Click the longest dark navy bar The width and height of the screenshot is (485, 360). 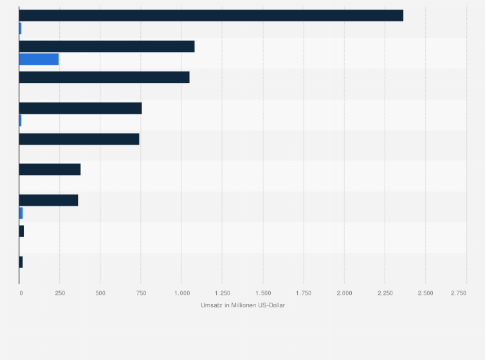point(211,15)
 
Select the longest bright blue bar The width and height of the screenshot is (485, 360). point(39,59)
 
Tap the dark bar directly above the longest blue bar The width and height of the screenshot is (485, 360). point(107,46)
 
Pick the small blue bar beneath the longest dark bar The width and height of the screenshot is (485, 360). point(21,28)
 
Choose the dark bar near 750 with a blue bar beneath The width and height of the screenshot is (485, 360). point(80,108)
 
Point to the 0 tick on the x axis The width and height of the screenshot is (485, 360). point(21,293)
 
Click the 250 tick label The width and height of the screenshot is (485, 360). point(60,293)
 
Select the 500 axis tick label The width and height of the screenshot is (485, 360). point(100,293)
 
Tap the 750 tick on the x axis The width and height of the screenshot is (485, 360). point(141,293)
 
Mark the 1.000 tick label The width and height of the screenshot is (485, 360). point(181,293)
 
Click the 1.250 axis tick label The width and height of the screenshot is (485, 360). point(222,293)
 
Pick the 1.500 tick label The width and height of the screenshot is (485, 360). point(262,293)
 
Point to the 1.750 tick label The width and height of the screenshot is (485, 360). point(304,293)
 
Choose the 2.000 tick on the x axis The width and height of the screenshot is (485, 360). point(344,293)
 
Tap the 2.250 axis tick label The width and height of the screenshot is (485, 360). point(385,293)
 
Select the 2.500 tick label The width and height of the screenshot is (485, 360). point(425,293)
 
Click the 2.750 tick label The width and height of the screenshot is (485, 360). point(459,293)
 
